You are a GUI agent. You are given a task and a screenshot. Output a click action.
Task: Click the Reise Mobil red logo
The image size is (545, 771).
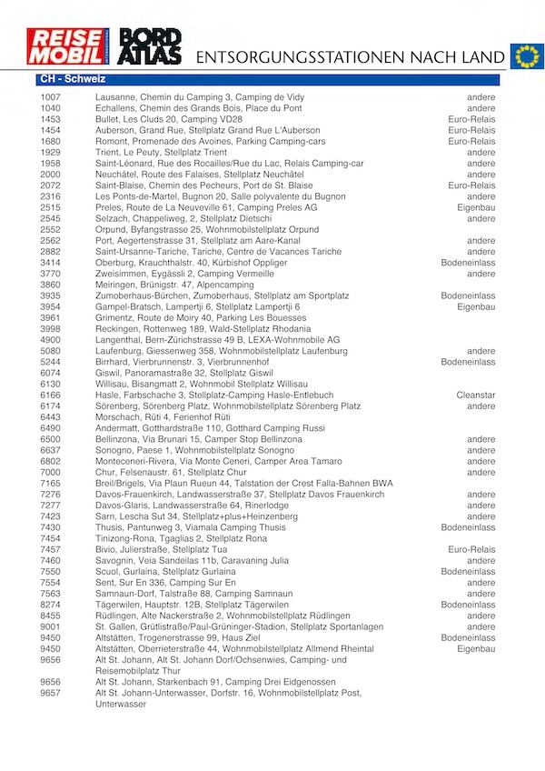tap(68, 46)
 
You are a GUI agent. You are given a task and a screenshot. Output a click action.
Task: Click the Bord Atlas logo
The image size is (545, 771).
tap(151, 46)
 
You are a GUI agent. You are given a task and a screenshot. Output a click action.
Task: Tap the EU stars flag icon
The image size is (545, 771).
tap(525, 56)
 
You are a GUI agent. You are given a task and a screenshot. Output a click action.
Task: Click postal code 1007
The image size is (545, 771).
tap(51, 97)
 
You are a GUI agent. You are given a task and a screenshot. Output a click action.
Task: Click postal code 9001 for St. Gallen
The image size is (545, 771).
tap(51, 626)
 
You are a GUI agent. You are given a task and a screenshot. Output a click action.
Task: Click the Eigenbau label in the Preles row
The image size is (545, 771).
tap(476, 207)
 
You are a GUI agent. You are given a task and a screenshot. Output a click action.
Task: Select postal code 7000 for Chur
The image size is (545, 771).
tap(51, 472)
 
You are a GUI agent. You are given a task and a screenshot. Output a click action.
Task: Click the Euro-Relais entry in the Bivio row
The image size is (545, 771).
tap(471, 549)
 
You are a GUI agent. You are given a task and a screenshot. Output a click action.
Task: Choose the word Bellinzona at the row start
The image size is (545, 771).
tap(118, 439)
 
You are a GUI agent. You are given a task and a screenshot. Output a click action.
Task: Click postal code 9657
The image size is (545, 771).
tap(51, 693)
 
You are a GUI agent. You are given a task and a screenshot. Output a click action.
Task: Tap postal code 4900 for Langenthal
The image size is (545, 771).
tap(51, 340)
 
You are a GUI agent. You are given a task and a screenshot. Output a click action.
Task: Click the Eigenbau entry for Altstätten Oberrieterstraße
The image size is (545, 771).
tap(476, 648)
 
